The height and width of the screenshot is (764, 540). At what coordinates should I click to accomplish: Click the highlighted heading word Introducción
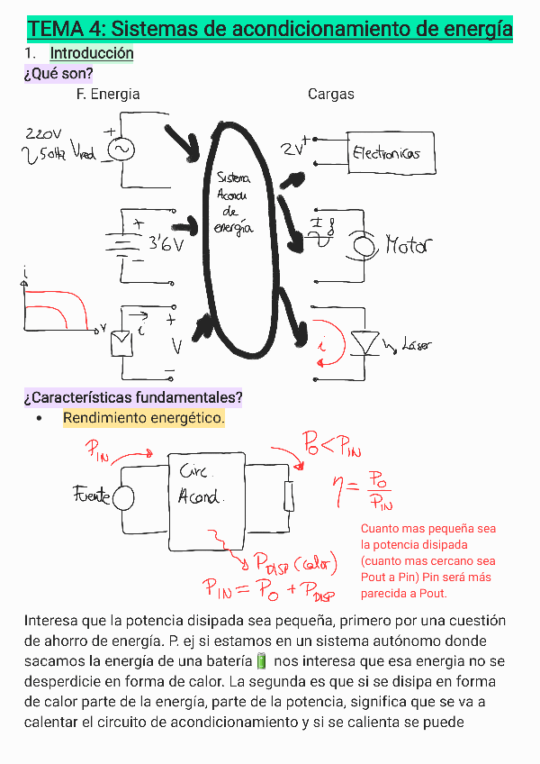point(92,53)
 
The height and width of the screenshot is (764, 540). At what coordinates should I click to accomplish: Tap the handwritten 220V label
point(43,132)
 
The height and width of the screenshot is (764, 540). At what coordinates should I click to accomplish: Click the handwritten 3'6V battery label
point(166,242)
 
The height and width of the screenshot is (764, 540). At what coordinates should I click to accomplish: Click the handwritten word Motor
point(409,245)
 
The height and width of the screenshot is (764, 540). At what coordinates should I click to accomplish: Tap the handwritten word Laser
point(417,344)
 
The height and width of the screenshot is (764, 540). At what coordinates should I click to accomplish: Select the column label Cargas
point(330,94)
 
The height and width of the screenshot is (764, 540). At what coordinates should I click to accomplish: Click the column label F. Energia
point(108,94)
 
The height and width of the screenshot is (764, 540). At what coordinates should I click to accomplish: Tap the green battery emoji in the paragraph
point(262,661)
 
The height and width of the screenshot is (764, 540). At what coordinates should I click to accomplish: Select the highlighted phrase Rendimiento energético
point(143,419)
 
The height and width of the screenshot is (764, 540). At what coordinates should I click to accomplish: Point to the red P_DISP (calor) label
point(293,566)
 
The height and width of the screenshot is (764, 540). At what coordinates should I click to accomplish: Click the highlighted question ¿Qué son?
point(58,73)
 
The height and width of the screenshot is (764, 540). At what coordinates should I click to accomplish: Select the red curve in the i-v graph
point(67,306)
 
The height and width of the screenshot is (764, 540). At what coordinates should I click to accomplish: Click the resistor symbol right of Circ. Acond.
point(288,496)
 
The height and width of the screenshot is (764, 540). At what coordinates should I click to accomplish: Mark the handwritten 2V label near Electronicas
point(292,149)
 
